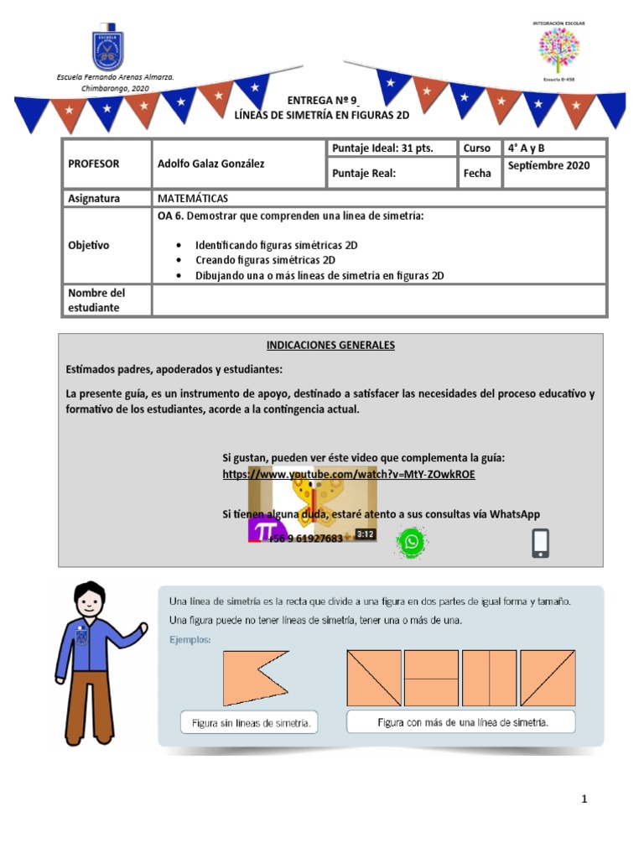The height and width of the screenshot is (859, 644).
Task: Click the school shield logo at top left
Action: tap(107, 51)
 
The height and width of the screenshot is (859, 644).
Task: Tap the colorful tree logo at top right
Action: tap(558, 49)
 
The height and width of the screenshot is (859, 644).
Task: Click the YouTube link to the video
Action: tap(349, 474)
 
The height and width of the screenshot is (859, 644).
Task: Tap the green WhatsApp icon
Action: tap(411, 542)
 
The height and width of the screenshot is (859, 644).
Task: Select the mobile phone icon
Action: tap(541, 543)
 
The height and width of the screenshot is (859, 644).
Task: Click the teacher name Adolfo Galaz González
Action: tap(210, 164)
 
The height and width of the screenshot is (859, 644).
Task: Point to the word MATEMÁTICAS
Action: tap(193, 198)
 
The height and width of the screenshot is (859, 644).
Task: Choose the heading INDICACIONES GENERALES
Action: tap(330, 345)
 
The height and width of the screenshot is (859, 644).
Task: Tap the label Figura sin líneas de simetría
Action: tap(249, 721)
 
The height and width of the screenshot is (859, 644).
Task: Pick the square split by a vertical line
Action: tap(489, 678)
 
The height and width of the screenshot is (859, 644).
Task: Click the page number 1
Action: tap(584, 799)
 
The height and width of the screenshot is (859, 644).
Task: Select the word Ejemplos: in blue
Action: tap(190, 640)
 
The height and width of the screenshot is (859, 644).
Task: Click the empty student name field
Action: tap(378, 299)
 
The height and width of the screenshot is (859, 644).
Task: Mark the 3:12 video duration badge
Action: tap(365, 534)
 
